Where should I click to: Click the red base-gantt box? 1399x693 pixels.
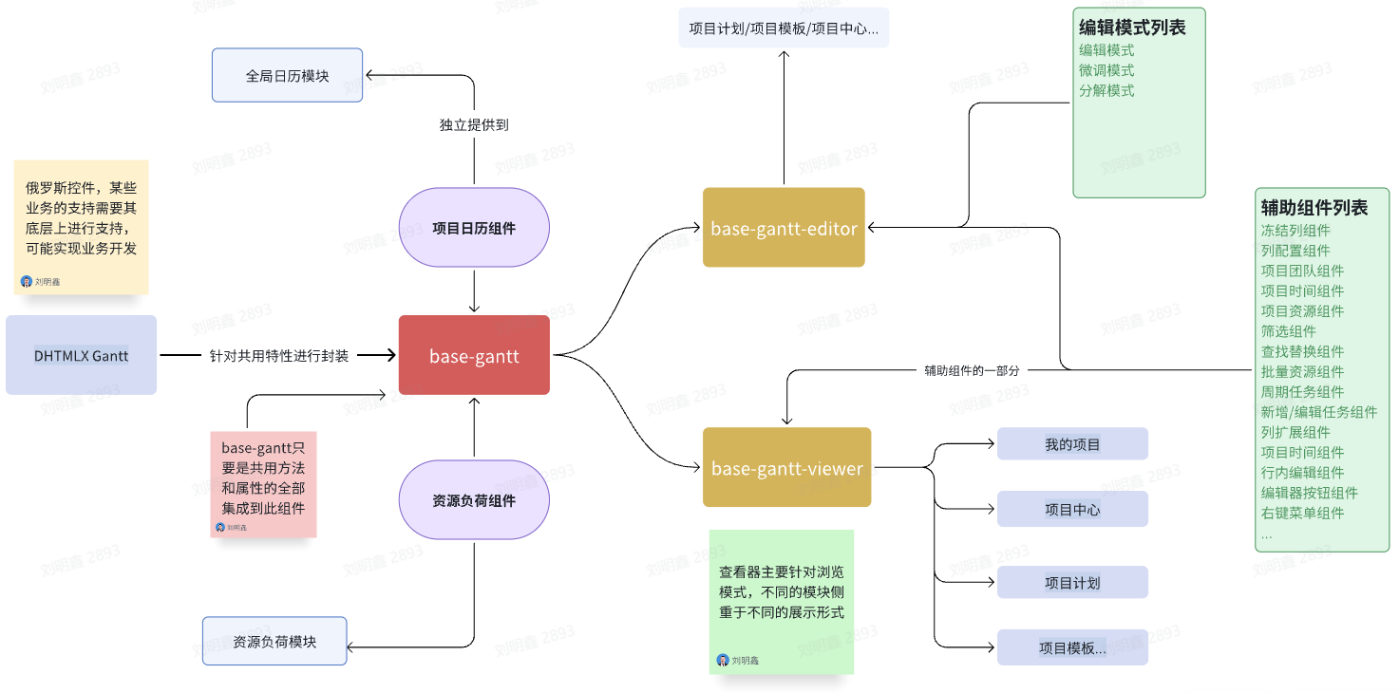pyautogui.click(x=474, y=355)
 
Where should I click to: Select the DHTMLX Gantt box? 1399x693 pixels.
pyautogui.click(x=81, y=355)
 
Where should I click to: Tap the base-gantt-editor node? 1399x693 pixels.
pyautogui.click(x=784, y=228)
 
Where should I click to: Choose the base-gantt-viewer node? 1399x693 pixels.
pyautogui.click(x=786, y=467)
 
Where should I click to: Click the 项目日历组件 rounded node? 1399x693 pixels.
pyautogui.click(x=474, y=227)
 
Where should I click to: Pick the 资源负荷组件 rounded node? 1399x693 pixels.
pyautogui.click(x=474, y=500)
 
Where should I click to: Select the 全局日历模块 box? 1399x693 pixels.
pyautogui.click(x=287, y=75)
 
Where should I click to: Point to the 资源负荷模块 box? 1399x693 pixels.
pyautogui.click(x=274, y=641)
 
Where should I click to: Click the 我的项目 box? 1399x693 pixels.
pyautogui.click(x=1072, y=443)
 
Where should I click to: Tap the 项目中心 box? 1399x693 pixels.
pyautogui.click(x=1072, y=509)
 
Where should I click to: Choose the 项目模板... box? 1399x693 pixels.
pyautogui.click(x=1072, y=647)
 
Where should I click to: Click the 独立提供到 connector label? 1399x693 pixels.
pyautogui.click(x=474, y=124)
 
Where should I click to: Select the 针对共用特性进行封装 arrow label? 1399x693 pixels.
pyautogui.click(x=278, y=356)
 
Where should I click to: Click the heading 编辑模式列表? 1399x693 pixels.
pyautogui.click(x=1132, y=28)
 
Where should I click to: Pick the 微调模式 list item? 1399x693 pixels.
pyautogui.click(x=1106, y=70)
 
